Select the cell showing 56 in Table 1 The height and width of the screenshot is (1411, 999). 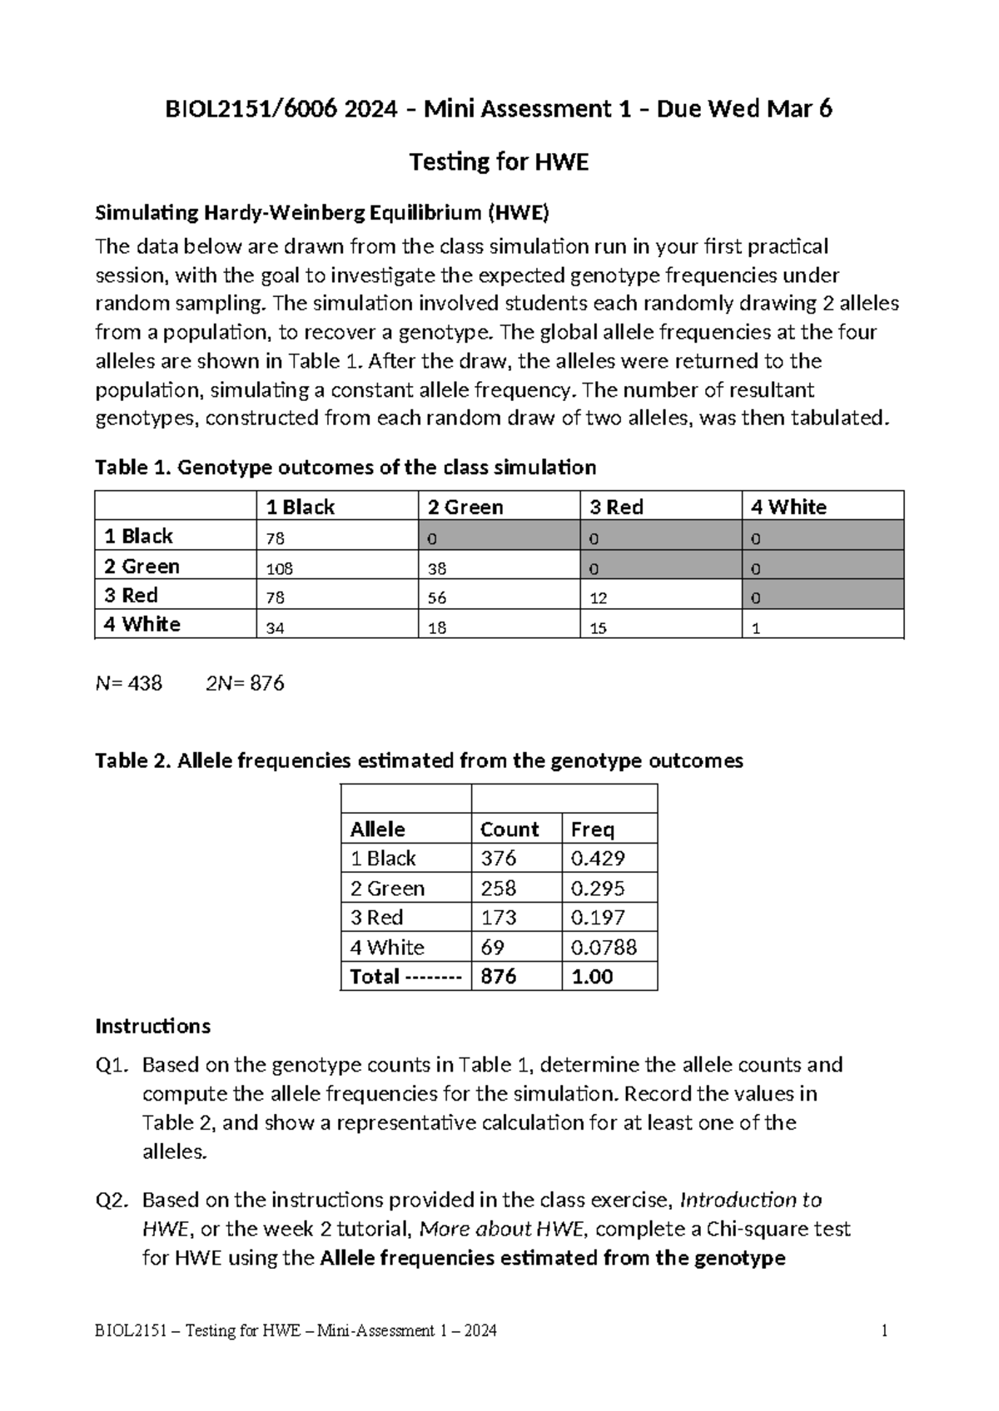[x=437, y=599]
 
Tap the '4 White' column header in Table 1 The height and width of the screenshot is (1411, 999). [x=788, y=507]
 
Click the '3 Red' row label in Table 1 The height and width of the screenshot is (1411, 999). [x=132, y=596]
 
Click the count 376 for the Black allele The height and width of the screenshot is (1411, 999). [x=498, y=858]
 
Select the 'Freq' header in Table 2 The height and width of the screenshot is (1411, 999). [x=593, y=829]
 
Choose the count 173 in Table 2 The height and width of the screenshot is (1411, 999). [x=498, y=917]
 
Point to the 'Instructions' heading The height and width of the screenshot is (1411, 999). [x=152, y=1025]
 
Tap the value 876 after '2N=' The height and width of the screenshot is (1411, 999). [x=267, y=683]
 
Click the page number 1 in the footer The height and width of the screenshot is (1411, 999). [x=884, y=1330]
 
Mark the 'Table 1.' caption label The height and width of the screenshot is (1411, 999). [x=133, y=467]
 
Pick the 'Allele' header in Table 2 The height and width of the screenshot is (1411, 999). [x=377, y=829]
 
